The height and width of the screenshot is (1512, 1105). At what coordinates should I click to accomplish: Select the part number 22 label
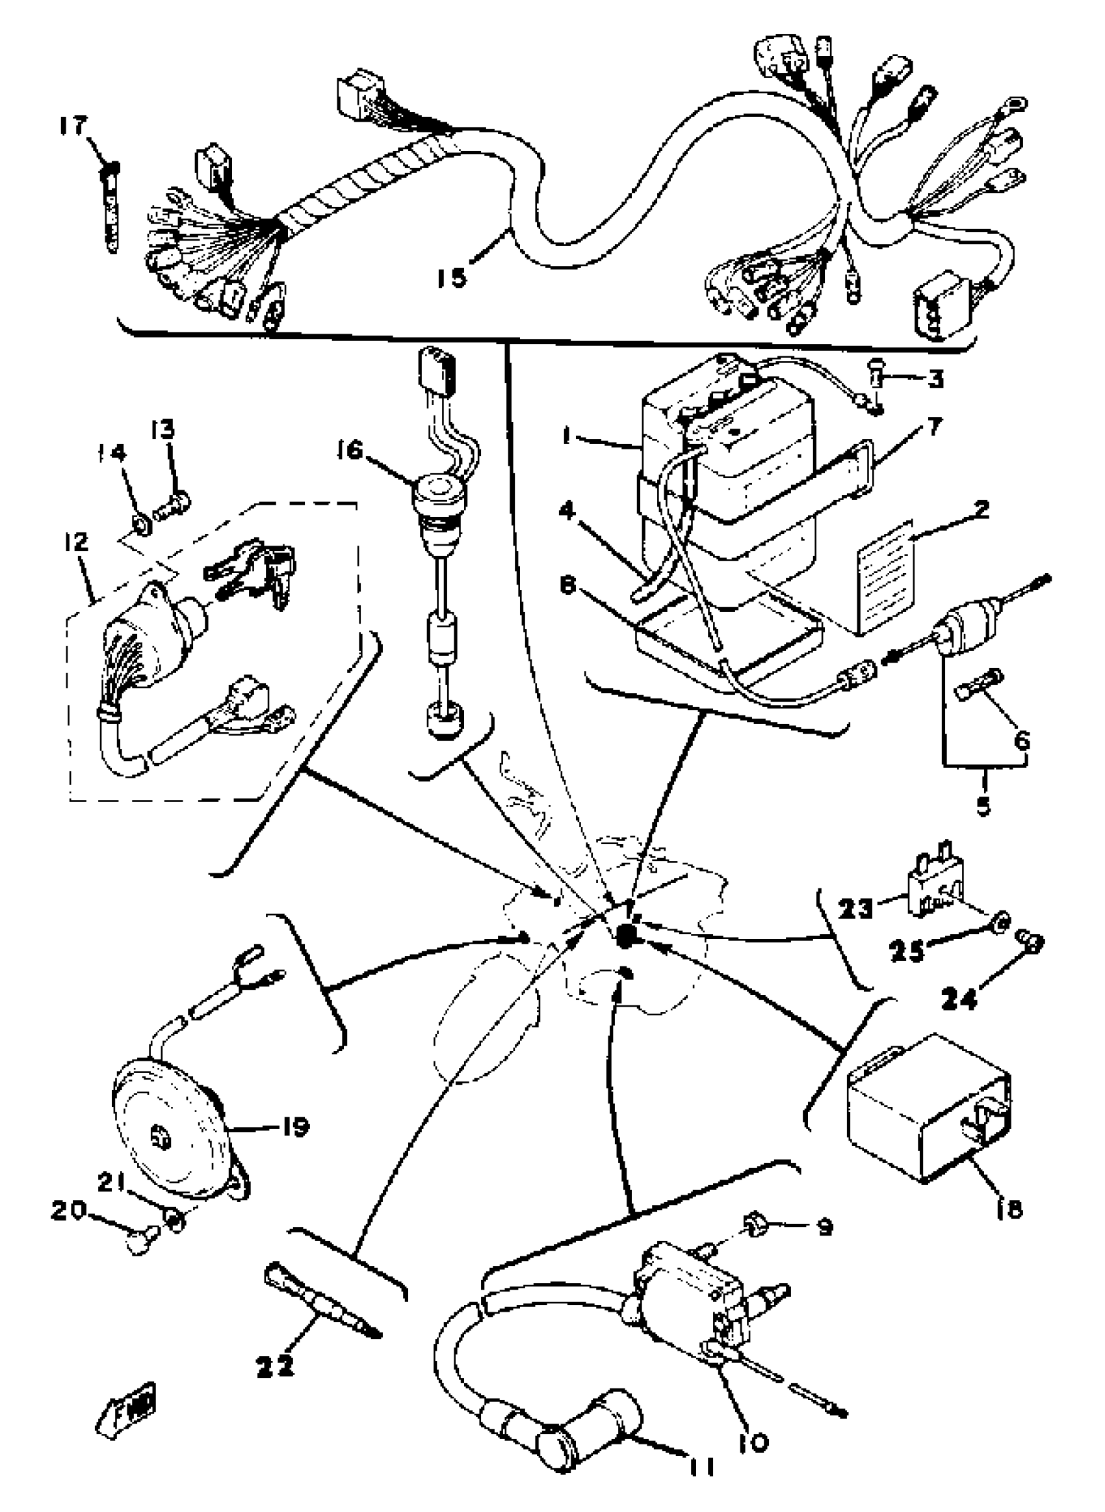(x=275, y=1366)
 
